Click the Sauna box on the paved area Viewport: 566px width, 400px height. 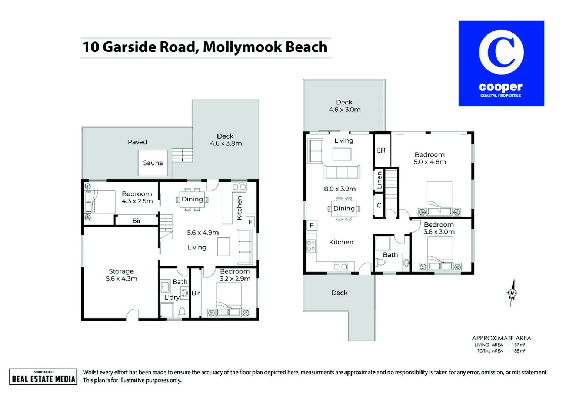point(153,163)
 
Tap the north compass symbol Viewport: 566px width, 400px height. point(512,293)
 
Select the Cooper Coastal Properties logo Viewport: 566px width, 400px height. point(501,63)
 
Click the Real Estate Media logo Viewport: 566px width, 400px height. point(43,377)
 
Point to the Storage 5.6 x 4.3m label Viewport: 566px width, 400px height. point(121,275)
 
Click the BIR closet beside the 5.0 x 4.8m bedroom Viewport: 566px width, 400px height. point(382,150)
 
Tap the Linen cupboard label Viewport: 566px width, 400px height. point(379,180)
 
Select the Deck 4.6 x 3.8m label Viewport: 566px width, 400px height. point(225,140)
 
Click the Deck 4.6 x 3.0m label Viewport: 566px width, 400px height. point(344,106)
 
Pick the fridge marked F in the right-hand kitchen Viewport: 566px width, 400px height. point(312,225)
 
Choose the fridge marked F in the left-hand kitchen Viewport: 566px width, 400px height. point(250,222)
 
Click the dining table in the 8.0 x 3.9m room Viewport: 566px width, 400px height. point(344,209)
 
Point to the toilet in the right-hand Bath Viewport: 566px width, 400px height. point(380,263)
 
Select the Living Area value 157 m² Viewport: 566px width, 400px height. point(518,345)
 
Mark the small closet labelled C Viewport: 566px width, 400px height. point(379,205)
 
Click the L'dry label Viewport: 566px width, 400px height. point(172,297)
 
